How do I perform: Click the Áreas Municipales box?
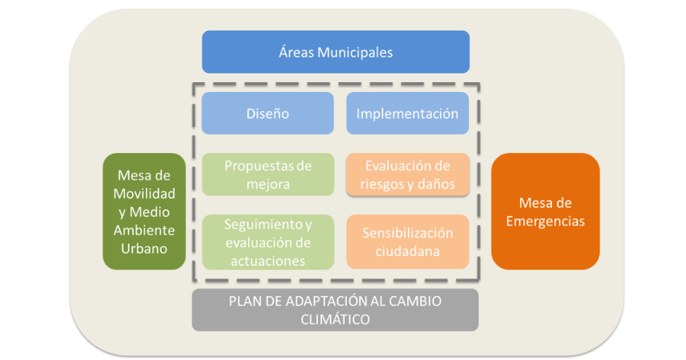tap(335, 52)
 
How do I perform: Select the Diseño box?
tap(267, 113)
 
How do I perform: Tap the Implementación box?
tap(407, 113)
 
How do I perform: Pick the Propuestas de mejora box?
tap(267, 175)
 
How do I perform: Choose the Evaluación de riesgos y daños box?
tap(407, 175)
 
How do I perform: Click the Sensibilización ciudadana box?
tap(407, 241)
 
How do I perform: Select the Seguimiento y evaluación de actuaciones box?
tap(267, 241)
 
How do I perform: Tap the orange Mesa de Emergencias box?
tap(545, 211)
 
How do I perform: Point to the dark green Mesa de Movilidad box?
tap(144, 211)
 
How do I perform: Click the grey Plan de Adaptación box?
tap(335, 309)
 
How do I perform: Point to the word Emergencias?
tap(545, 221)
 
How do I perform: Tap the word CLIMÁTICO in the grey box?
tap(335, 319)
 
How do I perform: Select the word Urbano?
tap(144, 248)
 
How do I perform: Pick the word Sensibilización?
tap(407, 233)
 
